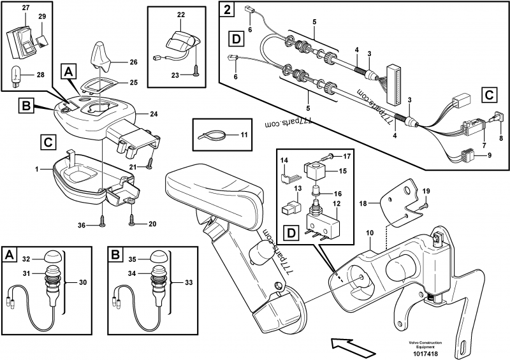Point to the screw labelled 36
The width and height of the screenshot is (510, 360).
coord(103,220)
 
